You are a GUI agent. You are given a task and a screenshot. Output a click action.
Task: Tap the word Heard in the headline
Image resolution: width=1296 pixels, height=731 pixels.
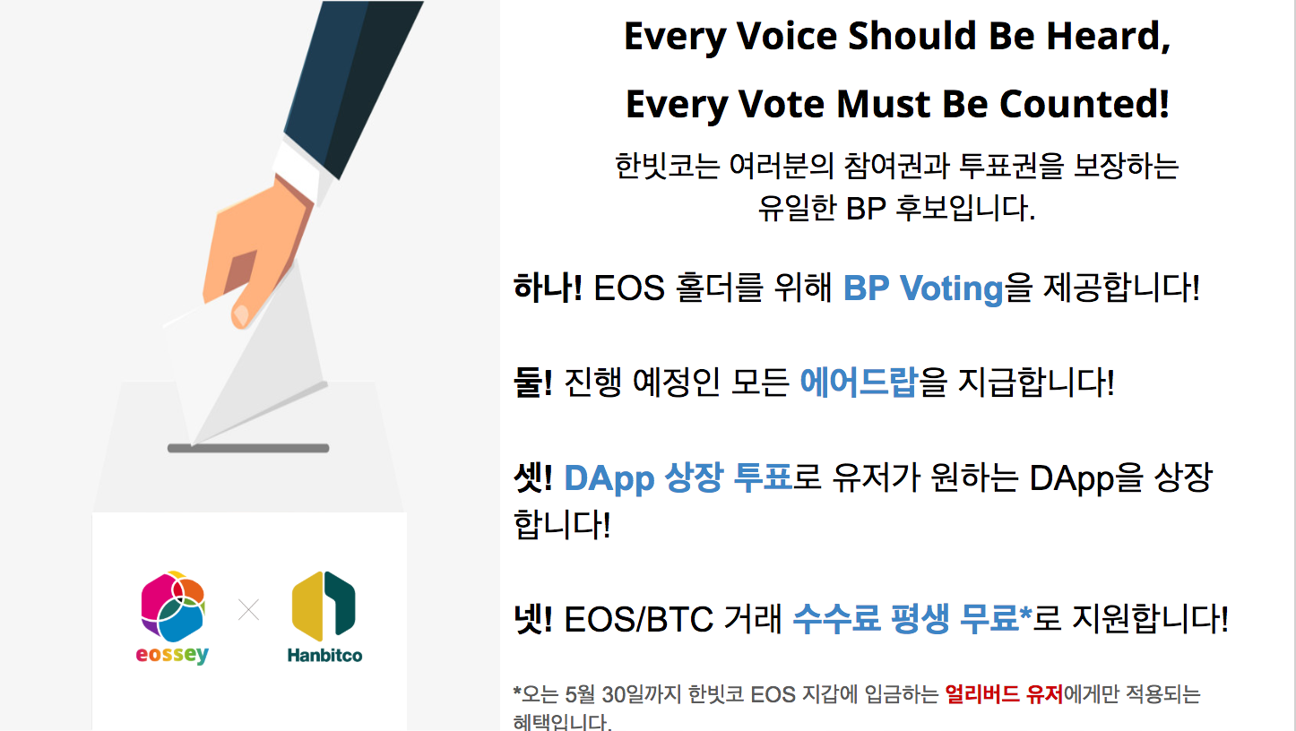(x=1109, y=37)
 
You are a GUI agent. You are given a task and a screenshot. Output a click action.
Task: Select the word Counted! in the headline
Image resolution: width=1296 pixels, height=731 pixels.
(x=1084, y=104)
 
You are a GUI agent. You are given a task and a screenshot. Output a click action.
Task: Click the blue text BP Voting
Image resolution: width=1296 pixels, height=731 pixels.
(x=923, y=288)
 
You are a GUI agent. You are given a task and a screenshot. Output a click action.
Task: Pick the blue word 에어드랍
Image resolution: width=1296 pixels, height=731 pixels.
(x=859, y=382)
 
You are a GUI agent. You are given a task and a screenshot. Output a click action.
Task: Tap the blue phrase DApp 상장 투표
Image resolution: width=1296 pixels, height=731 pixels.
(x=678, y=479)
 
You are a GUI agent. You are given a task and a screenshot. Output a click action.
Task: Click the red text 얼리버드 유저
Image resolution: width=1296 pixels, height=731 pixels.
(x=1005, y=694)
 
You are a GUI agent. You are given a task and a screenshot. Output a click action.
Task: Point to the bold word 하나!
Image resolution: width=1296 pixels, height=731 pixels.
(x=548, y=288)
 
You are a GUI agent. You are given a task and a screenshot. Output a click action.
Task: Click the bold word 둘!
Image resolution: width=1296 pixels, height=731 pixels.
(x=533, y=382)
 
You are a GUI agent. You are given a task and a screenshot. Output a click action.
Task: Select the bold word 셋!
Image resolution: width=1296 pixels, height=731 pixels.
(x=533, y=477)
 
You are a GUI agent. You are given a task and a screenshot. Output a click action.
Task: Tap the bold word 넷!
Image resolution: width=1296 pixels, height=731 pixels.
(x=533, y=618)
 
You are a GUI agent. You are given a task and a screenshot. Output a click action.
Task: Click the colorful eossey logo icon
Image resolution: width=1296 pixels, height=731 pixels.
(x=172, y=606)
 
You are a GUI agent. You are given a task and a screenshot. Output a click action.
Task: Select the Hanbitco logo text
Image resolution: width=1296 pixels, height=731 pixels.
(x=324, y=655)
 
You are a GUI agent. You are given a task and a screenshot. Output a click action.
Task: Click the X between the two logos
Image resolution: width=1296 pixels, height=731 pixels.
(x=249, y=609)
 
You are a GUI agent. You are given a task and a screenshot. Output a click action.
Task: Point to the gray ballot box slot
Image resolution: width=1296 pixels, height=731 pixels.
(x=248, y=448)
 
